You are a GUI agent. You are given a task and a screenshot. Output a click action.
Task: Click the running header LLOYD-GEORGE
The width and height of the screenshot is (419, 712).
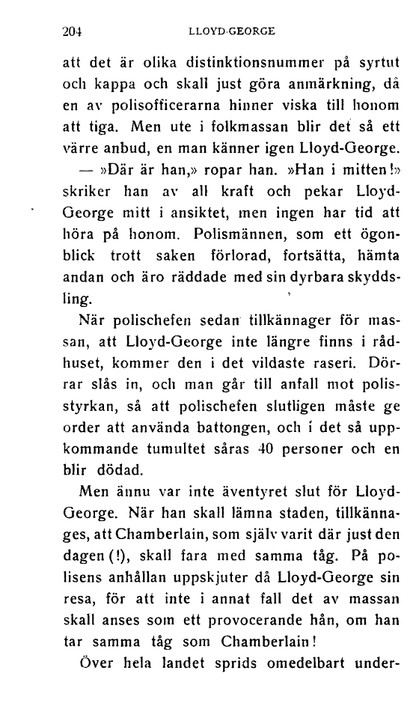232,31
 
